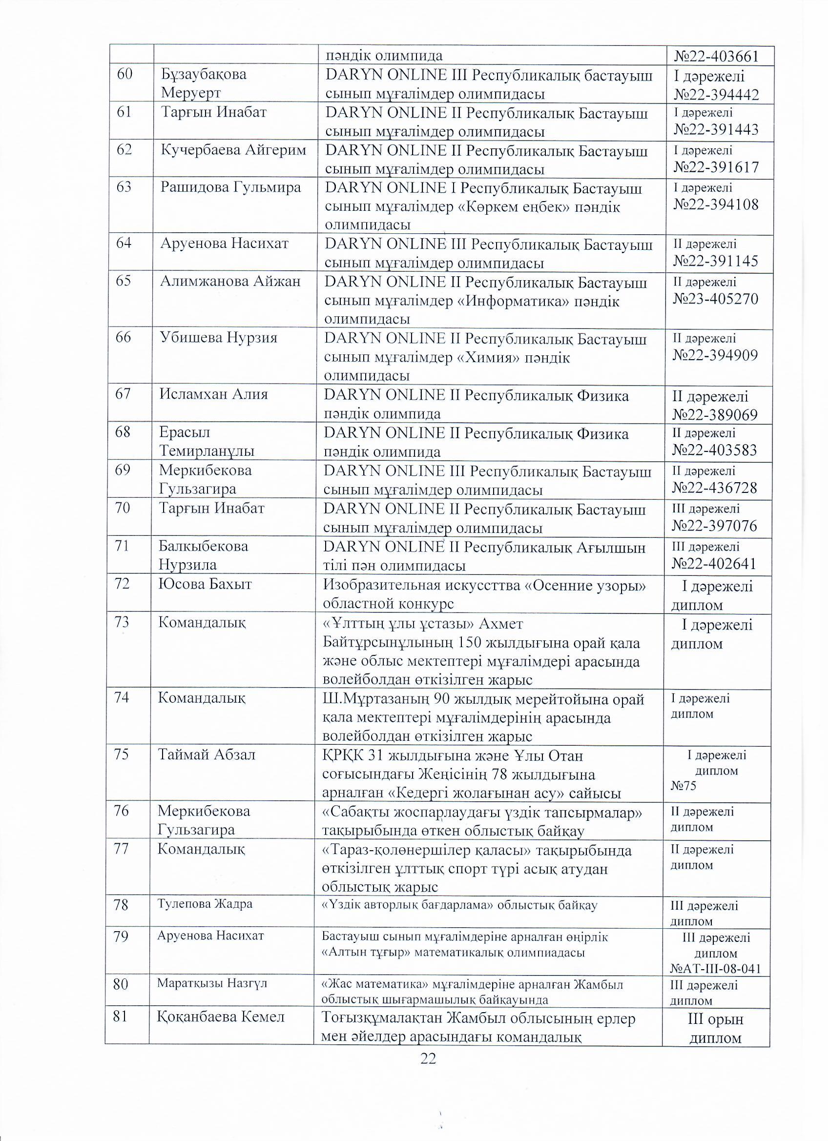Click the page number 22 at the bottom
tap(428, 1059)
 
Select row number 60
tap(124, 75)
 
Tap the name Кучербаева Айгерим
tap(233, 150)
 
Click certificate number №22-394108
tap(716, 205)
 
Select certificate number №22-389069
tap(715, 414)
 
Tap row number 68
tap(123, 431)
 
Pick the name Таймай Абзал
tap(207, 754)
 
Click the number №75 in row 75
tap(684, 786)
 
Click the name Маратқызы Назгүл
tap(211, 983)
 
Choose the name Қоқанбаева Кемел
tap(221, 1017)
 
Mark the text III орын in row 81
tap(715, 1020)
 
